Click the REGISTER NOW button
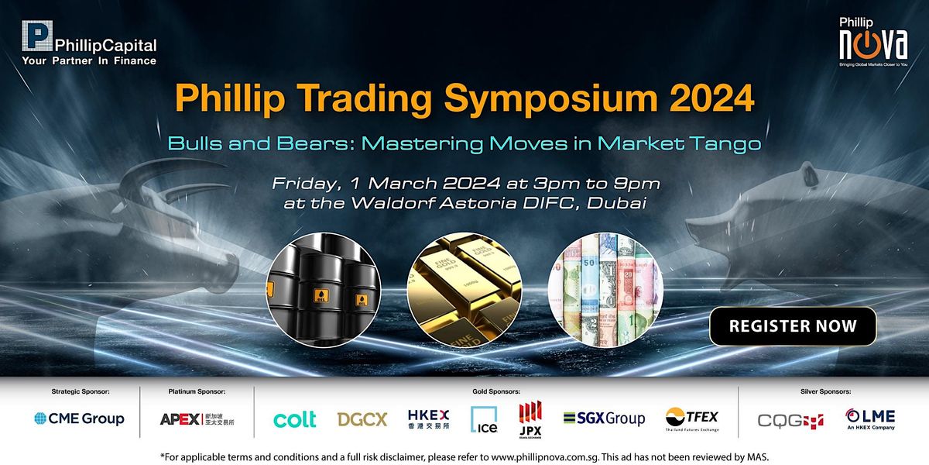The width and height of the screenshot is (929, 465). [793, 326]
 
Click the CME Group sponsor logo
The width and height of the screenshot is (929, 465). [79, 418]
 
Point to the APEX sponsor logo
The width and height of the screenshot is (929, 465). [197, 419]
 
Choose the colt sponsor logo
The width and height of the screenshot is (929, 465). [295, 419]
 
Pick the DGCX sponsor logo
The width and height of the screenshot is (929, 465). [362, 419]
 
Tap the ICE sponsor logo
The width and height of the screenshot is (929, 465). [484, 419]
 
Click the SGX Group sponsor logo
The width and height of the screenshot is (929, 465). [604, 418]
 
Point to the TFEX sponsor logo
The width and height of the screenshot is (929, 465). [692, 420]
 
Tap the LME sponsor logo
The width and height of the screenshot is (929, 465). [870, 419]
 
